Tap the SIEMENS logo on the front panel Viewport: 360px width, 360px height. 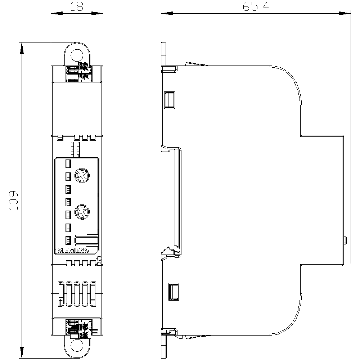(73, 251)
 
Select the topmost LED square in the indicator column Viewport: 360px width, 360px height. (68, 164)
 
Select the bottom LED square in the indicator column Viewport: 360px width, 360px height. (68, 240)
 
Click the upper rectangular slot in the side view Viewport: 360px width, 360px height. (169, 100)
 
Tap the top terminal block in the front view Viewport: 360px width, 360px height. (77, 73)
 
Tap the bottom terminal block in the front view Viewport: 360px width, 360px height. (77, 328)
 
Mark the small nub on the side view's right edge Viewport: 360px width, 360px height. (345, 240)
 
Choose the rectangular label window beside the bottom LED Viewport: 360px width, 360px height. (86, 241)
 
